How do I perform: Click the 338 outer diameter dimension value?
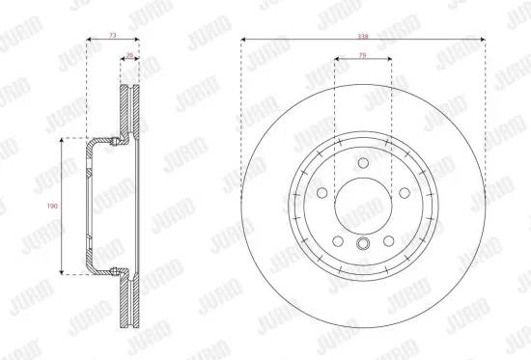(362, 35)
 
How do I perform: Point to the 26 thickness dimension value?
(129, 55)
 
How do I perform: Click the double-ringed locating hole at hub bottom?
(362, 244)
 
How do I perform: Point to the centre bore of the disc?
(362, 204)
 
